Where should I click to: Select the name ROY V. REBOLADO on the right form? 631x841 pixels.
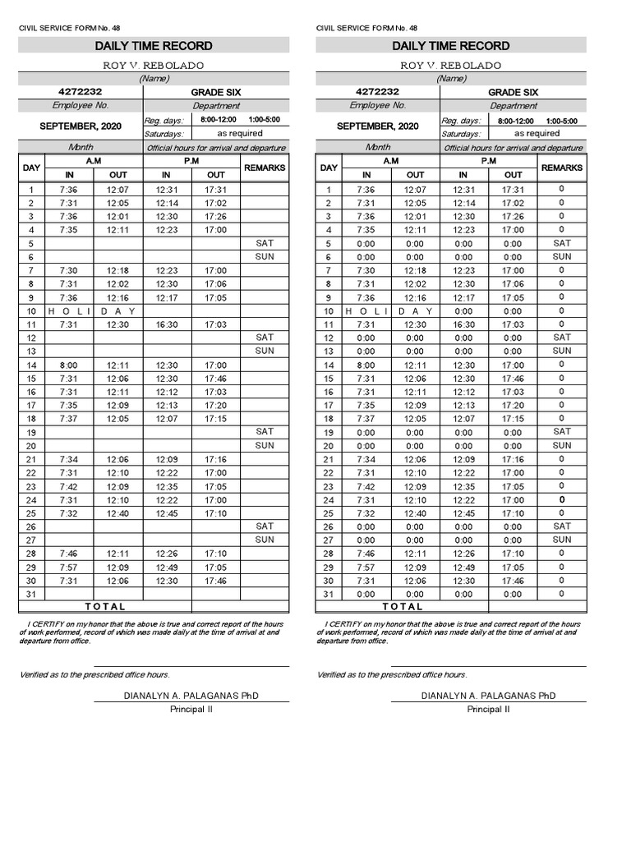coord(451,65)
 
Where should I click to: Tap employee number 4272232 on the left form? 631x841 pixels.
coord(80,92)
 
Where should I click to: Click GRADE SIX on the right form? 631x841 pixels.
coord(514,93)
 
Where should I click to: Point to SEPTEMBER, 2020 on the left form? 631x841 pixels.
coord(80,126)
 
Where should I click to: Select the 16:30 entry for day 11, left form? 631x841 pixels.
coord(166,324)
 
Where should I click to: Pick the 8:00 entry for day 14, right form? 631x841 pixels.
coord(366,365)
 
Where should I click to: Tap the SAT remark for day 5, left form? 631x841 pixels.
coord(265,243)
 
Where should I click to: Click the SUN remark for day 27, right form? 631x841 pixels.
coord(562,540)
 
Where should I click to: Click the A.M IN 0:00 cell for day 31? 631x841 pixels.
coord(366,594)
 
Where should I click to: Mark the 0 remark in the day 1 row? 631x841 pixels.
coord(562,189)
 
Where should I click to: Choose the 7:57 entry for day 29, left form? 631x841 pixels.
coord(69,567)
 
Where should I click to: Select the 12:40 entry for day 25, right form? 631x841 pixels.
coord(415,513)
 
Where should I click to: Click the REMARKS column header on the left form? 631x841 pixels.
coord(265,168)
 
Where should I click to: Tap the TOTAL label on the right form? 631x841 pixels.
coord(403,607)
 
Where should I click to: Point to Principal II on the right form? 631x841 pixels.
coord(488,710)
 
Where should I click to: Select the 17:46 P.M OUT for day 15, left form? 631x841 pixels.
coord(216,379)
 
